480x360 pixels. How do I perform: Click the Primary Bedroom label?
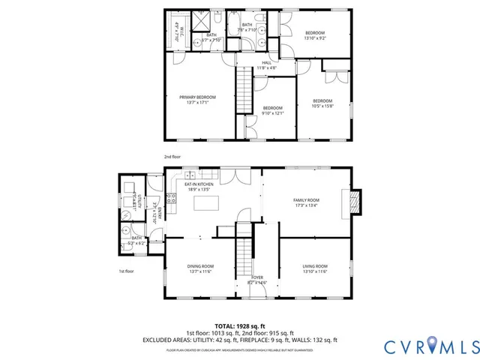tap(197, 97)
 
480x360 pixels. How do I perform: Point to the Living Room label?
tap(314, 266)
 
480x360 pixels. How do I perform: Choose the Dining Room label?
tap(200, 266)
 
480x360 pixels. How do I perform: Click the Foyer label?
tap(257, 278)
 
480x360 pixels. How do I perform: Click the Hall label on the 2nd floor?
tap(266, 63)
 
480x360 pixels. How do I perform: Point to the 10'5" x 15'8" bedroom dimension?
tap(322, 106)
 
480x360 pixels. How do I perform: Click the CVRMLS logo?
tap(430, 346)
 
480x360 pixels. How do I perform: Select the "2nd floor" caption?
tap(172, 157)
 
